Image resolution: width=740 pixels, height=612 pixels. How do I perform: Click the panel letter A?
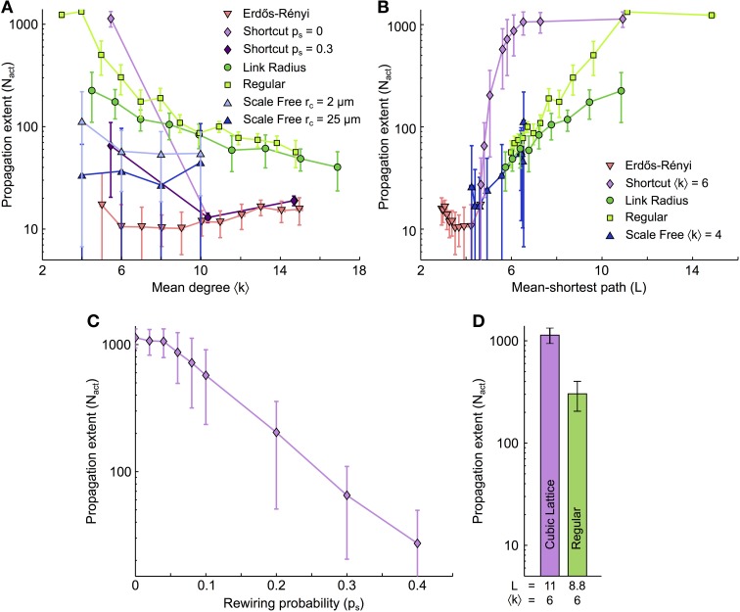(x=8, y=8)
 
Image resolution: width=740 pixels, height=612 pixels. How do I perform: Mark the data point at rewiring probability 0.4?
(x=418, y=542)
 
